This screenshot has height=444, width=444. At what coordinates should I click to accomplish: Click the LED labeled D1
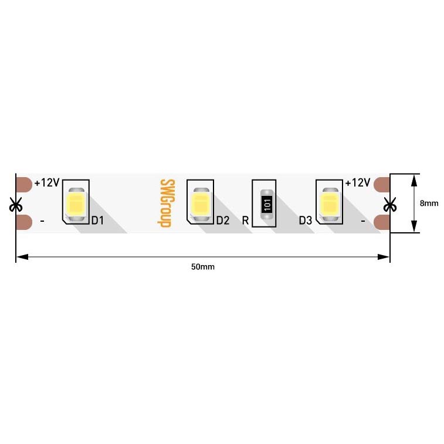[x=77, y=204]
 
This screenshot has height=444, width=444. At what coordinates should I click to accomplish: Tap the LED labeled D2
[x=201, y=204]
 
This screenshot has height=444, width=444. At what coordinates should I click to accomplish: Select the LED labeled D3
[x=329, y=204]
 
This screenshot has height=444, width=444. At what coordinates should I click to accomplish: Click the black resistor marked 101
[x=267, y=204]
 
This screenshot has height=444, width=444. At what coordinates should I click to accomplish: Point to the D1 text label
[x=97, y=221]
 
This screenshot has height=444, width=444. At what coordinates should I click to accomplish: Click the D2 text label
[x=222, y=221]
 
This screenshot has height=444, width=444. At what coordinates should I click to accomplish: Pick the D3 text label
[x=306, y=221]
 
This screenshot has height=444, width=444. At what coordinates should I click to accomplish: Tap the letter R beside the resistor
[x=245, y=221]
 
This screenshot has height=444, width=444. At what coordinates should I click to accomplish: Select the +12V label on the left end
[x=46, y=183]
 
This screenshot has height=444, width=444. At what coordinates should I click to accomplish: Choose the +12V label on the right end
[x=357, y=183]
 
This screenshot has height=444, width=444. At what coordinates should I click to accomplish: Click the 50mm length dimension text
[x=203, y=267]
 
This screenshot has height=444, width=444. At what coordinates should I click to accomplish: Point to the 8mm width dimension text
[x=429, y=204]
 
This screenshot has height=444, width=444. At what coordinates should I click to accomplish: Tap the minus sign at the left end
[x=42, y=222]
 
